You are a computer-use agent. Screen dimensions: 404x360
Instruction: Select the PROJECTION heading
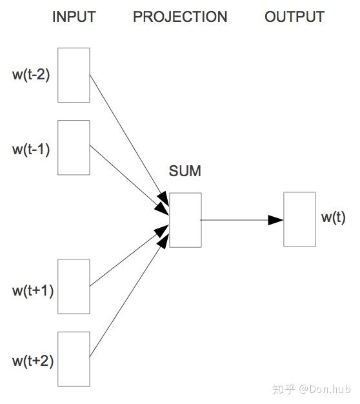(x=180, y=17)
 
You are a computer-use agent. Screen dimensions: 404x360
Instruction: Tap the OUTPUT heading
(x=294, y=17)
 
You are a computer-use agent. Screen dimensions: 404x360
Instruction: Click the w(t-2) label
(x=31, y=74)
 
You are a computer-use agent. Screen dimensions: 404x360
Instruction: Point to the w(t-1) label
(x=31, y=148)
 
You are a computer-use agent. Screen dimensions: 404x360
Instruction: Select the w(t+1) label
(x=32, y=290)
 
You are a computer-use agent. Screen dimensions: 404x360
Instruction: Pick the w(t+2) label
(x=32, y=360)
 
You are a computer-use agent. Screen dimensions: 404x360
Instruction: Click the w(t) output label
(x=334, y=217)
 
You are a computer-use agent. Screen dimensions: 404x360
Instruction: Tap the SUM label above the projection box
(x=185, y=171)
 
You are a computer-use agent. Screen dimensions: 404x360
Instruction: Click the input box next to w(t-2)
(x=74, y=75)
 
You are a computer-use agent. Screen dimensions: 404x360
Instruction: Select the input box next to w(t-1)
(x=74, y=147)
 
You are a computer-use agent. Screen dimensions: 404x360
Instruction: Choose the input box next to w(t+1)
(x=74, y=287)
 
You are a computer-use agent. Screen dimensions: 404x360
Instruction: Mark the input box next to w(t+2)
(x=74, y=359)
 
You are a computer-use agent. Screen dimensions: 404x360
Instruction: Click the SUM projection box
(x=185, y=220)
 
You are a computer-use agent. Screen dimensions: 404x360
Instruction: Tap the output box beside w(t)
(x=299, y=219)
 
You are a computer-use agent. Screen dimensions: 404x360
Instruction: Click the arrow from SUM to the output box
(x=239, y=220)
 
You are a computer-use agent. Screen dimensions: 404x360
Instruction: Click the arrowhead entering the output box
(x=276, y=220)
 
